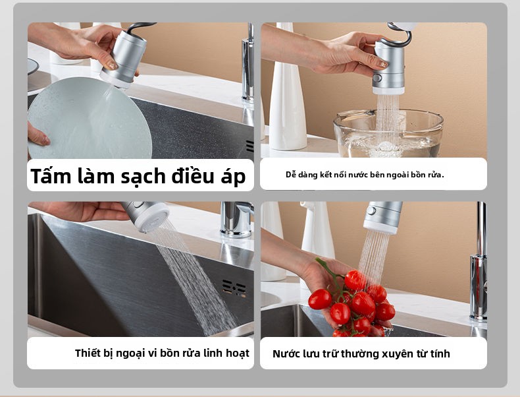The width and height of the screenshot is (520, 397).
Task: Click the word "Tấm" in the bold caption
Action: pyautogui.click(x=51, y=175)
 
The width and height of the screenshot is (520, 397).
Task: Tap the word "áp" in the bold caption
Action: pyautogui.click(x=233, y=177)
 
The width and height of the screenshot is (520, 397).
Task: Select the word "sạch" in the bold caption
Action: pyautogui.click(x=143, y=176)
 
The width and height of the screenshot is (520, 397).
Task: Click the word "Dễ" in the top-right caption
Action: pyautogui.click(x=290, y=174)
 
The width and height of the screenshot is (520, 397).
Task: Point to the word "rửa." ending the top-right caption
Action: pyautogui.click(x=436, y=174)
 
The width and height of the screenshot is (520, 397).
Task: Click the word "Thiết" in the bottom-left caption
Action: pyautogui.click(x=87, y=353)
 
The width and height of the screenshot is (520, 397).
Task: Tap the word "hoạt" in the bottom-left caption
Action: pyautogui.click(x=237, y=353)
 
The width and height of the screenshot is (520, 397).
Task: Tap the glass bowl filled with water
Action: pyautogui.click(x=388, y=134)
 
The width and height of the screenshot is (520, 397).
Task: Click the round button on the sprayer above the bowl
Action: pyautogui.click(x=377, y=78)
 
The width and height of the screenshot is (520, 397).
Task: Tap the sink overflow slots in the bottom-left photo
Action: pyautogui.click(x=234, y=288)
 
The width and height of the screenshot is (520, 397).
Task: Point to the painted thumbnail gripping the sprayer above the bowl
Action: pyautogui.click(x=383, y=64)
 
